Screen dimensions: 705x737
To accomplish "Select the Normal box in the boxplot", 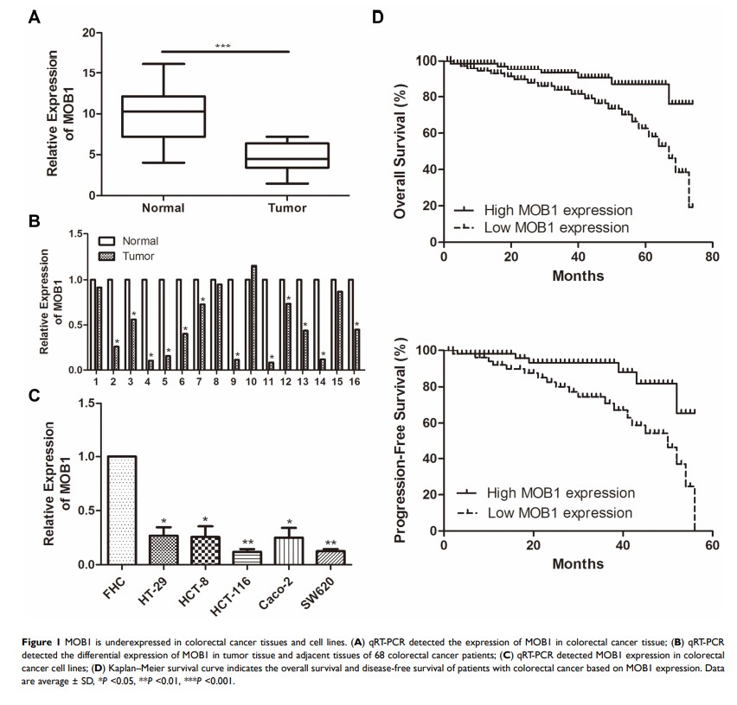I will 163,116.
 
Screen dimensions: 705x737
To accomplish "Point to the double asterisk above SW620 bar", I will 330,543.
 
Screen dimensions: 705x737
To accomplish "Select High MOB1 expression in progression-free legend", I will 561,493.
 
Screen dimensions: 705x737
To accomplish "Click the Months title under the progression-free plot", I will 577,563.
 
